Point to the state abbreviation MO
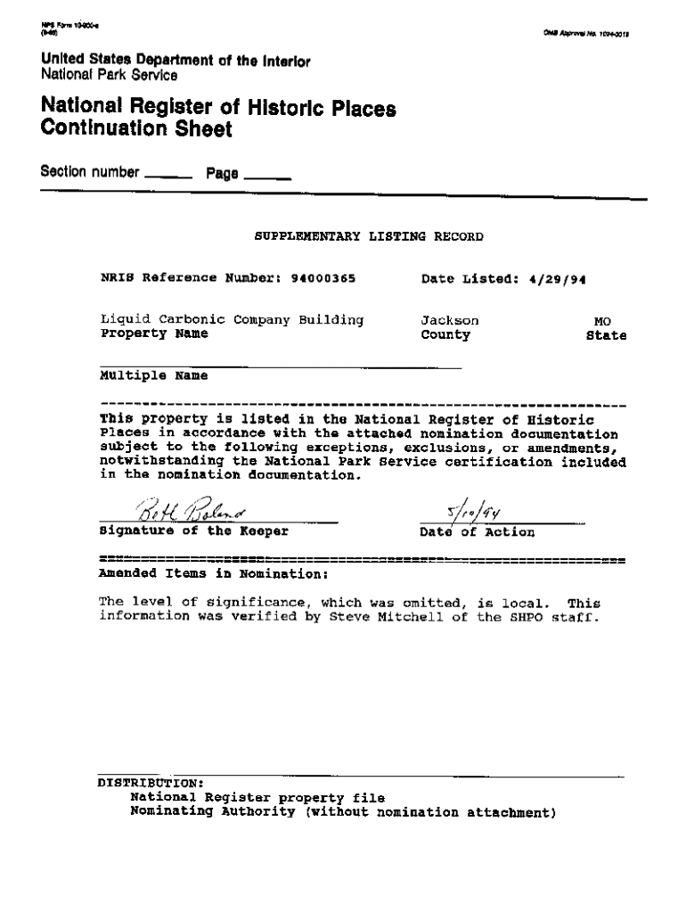click(603, 321)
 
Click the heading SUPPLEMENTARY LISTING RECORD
click(369, 237)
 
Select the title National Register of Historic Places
click(218, 109)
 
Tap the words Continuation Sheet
click(136, 130)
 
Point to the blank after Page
click(267, 176)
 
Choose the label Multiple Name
click(153, 376)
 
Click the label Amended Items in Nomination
click(214, 573)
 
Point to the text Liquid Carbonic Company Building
click(232, 319)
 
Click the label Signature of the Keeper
click(194, 532)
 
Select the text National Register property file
click(257, 798)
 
